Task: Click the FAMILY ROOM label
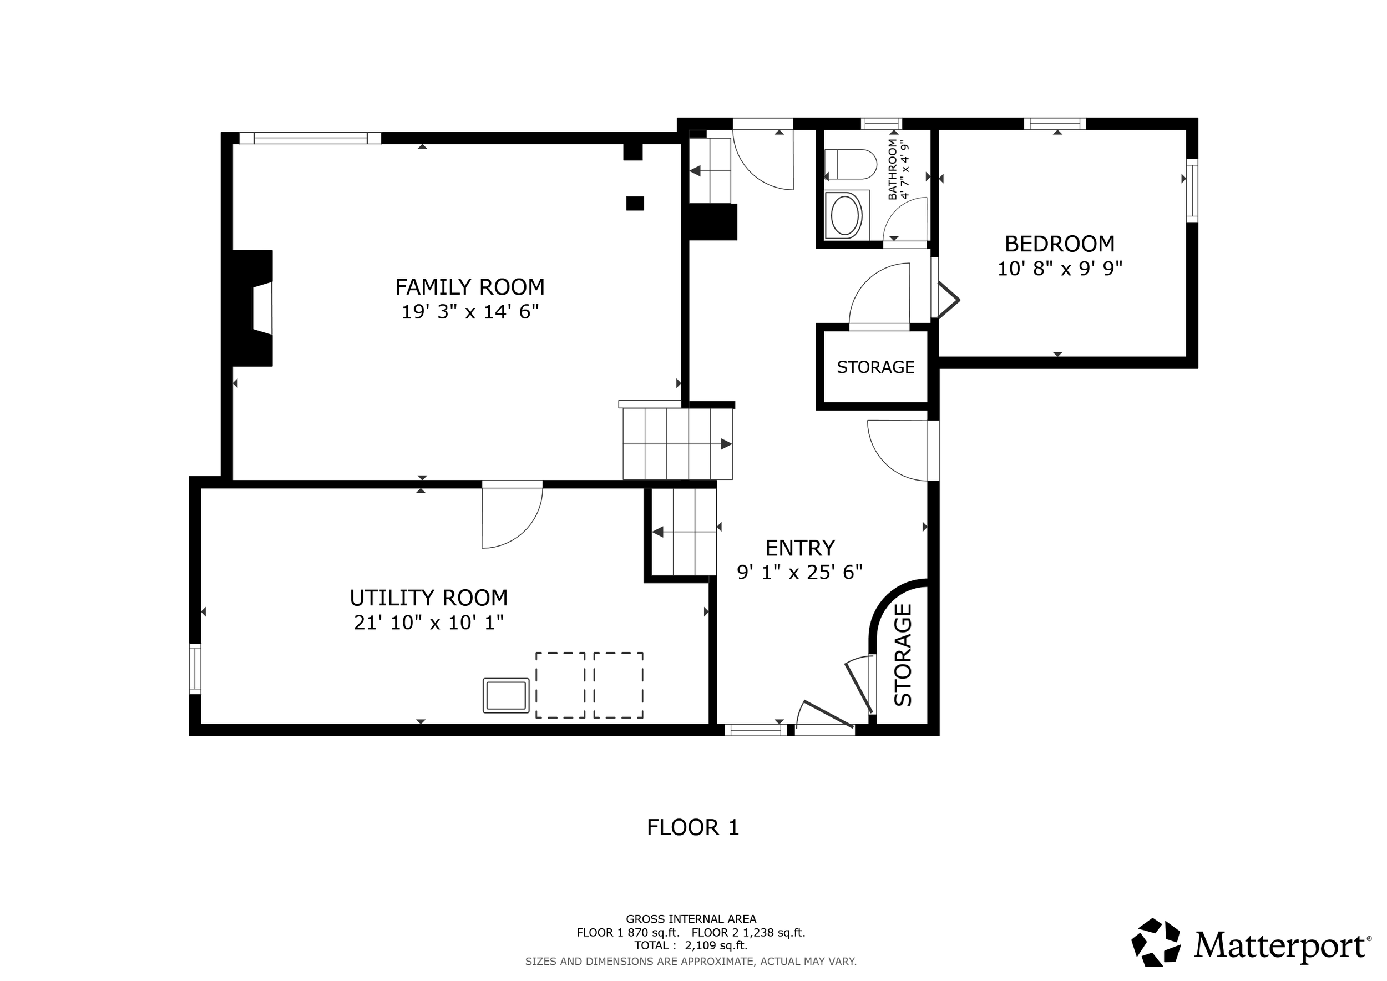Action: point(469,286)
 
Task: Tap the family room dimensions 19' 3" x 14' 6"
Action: point(470,312)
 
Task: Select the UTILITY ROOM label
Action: point(428,598)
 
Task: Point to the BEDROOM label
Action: point(1060,244)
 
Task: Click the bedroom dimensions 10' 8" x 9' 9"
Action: point(1060,268)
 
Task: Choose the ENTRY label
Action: point(800,548)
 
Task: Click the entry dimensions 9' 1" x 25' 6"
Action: point(799,572)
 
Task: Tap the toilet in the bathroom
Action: point(851,164)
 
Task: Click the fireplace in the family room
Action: point(253,308)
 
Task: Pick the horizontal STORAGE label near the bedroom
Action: point(875,367)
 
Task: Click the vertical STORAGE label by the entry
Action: point(903,655)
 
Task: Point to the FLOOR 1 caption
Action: point(693,827)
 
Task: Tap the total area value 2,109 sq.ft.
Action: point(716,945)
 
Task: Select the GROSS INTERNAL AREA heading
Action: point(691,919)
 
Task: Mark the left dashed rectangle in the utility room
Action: point(560,685)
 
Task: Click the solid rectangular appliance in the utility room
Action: point(506,695)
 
